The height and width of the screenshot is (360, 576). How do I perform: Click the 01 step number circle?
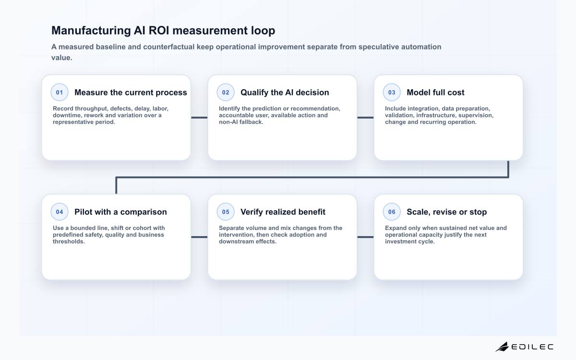pyautogui.click(x=60, y=92)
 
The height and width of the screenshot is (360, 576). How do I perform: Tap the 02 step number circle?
pyautogui.click(x=226, y=92)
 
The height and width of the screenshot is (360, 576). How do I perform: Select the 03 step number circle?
pyautogui.click(x=392, y=92)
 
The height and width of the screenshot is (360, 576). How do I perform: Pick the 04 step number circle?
pyautogui.click(x=60, y=212)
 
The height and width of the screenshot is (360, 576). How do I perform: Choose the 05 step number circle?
pyautogui.click(x=226, y=212)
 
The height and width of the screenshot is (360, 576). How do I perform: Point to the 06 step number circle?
pyautogui.click(x=392, y=212)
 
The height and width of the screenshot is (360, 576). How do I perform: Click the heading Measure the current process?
pyautogui.click(x=131, y=92)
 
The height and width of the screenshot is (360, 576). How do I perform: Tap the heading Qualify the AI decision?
pyautogui.click(x=285, y=92)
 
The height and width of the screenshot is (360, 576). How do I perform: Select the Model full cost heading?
pyautogui.click(x=435, y=92)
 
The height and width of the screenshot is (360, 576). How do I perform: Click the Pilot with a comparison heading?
pyautogui.click(x=120, y=212)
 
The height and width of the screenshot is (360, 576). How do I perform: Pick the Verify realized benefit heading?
pyautogui.click(x=283, y=212)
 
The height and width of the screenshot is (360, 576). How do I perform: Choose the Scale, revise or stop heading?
pyautogui.click(x=447, y=212)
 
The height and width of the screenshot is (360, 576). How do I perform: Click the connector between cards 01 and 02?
pyautogui.click(x=199, y=118)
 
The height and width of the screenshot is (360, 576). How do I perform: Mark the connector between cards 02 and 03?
pyautogui.click(x=365, y=118)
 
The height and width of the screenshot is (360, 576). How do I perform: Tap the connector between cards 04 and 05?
pyautogui.click(x=199, y=237)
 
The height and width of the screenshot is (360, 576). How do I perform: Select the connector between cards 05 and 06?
pyautogui.click(x=365, y=237)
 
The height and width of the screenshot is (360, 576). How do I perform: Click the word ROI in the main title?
pyautogui.click(x=159, y=30)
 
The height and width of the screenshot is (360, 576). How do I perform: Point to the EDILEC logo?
pyautogui.click(x=524, y=347)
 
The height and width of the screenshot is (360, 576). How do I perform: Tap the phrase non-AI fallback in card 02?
pyautogui.click(x=241, y=122)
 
